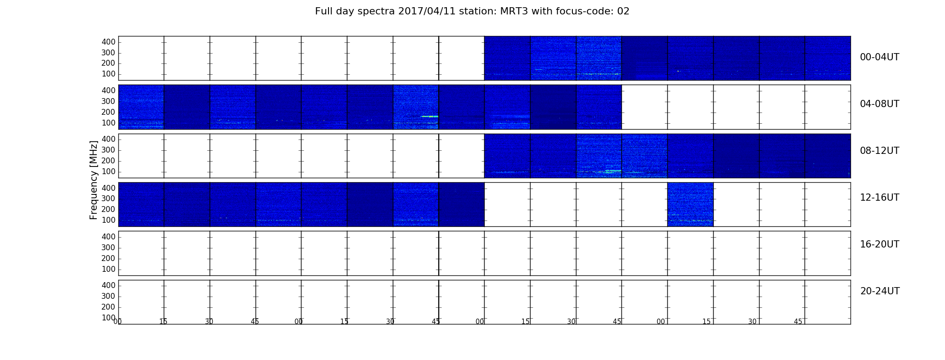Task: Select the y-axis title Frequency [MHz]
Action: pyautogui.click(x=94, y=180)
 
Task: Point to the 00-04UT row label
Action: pyautogui.click(x=879, y=57)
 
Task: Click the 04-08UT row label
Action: pyautogui.click(x=879, y=104)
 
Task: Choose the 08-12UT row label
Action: pyautogui.click(x=879, y=151)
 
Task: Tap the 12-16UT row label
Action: pyautogui.click(x=879, y=198)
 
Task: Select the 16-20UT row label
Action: pyautogui.click(x=879, y=244)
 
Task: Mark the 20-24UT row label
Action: pyautogui.click(x=880, y=291)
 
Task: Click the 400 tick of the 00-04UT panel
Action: pyautogui.click(x=108, y=42)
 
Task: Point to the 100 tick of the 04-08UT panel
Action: pyautogui.click(x=108, y=123)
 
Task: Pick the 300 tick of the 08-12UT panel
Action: pyautogui.click(x=108, y=150)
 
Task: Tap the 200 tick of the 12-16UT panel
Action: pyautogui.click(x=108, y=209)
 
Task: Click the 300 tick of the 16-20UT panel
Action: pyautogui.click(x=108, y=247)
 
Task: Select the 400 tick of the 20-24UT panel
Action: pyautogui.click(x=108, y=285)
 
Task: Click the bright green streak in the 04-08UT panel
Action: pyautogui.click(x=429, y=117)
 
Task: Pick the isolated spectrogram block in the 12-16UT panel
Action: pyautogui.click(x=690, y=204)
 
